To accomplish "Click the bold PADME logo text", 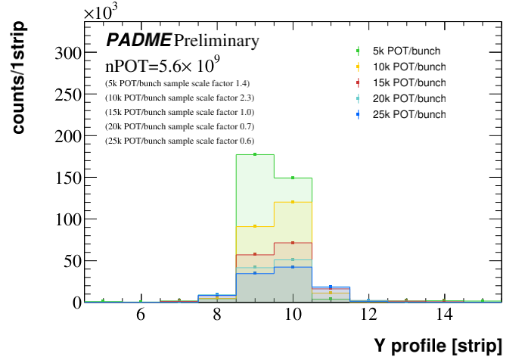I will (138, 40).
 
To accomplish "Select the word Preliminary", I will (216, 40).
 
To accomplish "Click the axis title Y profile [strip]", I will (437, 346).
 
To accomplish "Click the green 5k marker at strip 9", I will (255, 154).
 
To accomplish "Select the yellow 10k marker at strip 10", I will (293, 202).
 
